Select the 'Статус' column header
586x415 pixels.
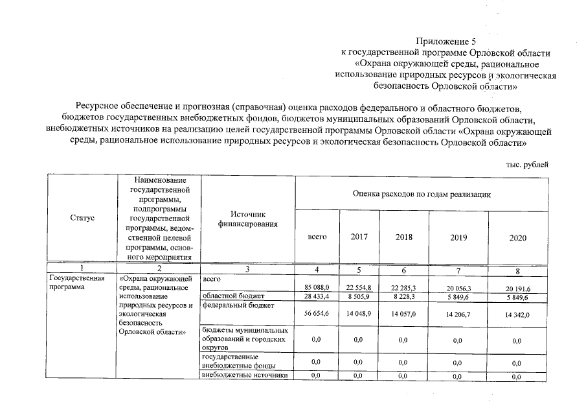pos(82,218)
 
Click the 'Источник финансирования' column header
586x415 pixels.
pos(248,219)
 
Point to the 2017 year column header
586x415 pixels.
pos(359,237)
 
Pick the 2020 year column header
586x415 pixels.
pos(518,238)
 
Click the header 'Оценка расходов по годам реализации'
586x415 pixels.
pos(422,193)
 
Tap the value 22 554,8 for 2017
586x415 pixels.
pos(359,287)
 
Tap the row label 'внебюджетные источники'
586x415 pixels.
pos(244,375)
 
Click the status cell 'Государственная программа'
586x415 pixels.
pos(77,283)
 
